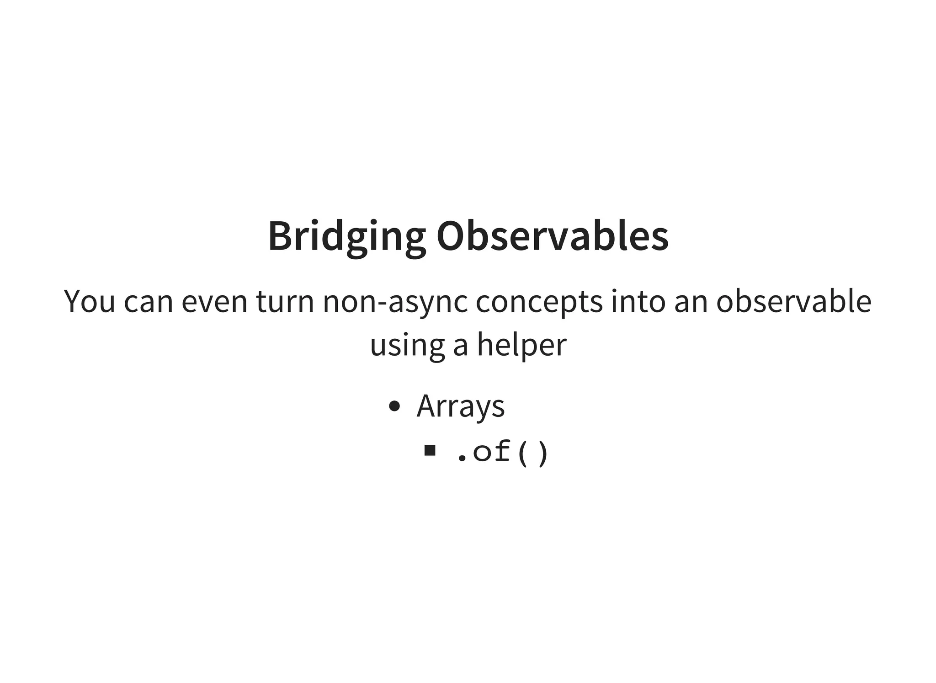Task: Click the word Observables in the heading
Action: (x=552, y=236)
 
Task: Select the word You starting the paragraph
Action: (x=89, y=302)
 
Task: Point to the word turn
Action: (x=285, y=302)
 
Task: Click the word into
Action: (x=638, y=302)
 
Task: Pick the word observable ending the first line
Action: (x=793, y=302)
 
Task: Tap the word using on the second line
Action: (x=407, y=346)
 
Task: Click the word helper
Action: (x=521, y=345)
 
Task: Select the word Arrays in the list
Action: (x=460, y=406)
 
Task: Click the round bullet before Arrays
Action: (x=394, y=406)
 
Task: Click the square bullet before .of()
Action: (x=429, y=451)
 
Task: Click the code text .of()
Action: (x=502, y=452)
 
